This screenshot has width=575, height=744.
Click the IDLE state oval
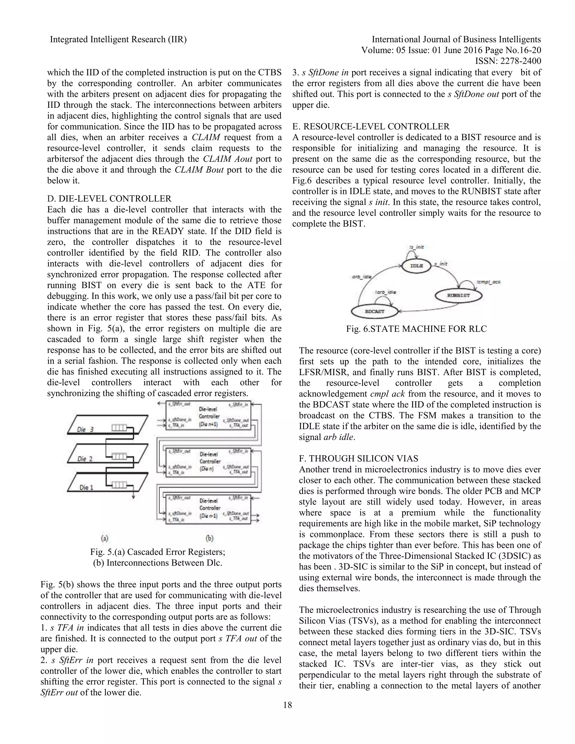point(416,266)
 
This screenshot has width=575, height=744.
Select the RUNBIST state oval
point(458,295)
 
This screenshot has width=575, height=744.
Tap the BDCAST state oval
point(374,311)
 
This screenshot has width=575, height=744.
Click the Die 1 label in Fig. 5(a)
point(86,487)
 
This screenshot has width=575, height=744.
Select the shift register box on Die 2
point(119,456)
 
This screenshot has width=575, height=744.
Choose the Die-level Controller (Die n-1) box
point(208,509)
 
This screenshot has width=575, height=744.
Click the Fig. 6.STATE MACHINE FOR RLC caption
point(416,329)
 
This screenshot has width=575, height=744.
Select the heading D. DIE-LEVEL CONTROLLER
point(109,198)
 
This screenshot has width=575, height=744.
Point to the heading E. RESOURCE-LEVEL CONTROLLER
point(371,126)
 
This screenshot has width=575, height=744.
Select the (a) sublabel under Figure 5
point(104,538)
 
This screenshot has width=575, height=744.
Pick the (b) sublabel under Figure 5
point(209,538)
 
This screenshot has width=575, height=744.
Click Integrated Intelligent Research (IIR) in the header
point(118,40)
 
